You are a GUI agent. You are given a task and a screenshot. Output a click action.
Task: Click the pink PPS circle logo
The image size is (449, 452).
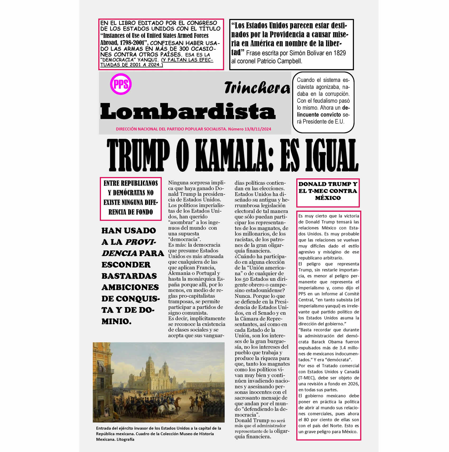coord(121,84)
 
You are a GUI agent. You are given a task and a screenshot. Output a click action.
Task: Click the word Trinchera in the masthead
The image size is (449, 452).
coord(257,88)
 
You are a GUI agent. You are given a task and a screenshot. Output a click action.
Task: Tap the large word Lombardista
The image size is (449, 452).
coord(188,111)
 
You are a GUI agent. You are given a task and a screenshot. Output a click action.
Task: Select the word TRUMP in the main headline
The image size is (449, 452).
coord(138,155)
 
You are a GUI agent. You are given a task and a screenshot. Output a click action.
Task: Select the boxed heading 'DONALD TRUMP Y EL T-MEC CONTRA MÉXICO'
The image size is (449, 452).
coord(328,191)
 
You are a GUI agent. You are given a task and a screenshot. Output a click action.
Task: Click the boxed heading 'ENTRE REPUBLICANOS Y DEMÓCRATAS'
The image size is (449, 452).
coord(130,197)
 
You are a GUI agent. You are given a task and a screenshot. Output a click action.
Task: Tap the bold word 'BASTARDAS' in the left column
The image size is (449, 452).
coord(129,276)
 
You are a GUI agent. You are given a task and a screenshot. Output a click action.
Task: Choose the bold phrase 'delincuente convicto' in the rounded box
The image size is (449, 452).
coord(319,115)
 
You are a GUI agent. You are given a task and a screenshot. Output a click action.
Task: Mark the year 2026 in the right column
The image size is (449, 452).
coord(353,384)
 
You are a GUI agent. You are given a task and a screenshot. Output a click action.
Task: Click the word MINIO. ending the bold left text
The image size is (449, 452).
coord(116,321)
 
